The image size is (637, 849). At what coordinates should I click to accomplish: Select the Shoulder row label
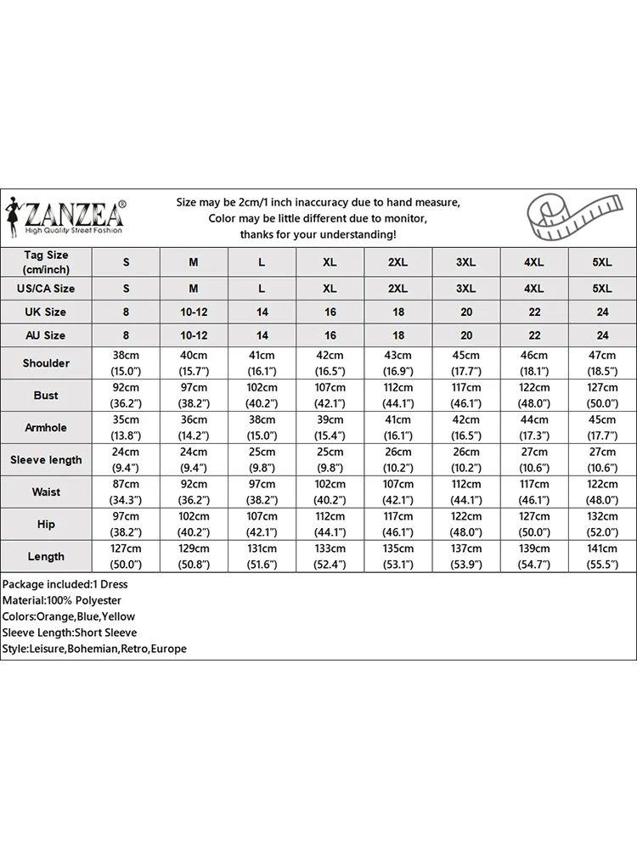point(46,363)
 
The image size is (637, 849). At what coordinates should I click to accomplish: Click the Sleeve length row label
point(46,460)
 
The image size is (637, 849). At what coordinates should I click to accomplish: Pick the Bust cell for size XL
point(330,396)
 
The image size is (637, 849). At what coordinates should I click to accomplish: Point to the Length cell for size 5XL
point(601,557)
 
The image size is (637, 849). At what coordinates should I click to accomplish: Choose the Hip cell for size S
point(126,525)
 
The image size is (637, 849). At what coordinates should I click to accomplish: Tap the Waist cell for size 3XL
point(465,492)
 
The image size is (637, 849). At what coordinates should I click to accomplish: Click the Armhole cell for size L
point(262,428)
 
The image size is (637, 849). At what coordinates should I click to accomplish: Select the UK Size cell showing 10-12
point(194,312)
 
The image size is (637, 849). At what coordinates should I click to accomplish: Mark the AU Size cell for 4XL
point(533,336)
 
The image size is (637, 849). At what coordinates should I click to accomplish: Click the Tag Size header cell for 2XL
point(397,262)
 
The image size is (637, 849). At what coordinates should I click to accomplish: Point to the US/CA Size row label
point(46,289)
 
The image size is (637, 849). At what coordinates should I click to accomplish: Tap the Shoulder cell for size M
point(194,363)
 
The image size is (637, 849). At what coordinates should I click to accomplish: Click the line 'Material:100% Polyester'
point(62,600)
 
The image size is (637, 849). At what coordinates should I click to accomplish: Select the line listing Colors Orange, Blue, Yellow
point(68,616)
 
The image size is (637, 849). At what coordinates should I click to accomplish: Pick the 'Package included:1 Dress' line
point(65,584)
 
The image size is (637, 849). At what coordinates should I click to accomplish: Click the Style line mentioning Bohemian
point(93,649)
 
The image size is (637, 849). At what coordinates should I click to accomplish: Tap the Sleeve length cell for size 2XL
point(397,460)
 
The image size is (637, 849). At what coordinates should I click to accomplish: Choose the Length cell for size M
point(194,557)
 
